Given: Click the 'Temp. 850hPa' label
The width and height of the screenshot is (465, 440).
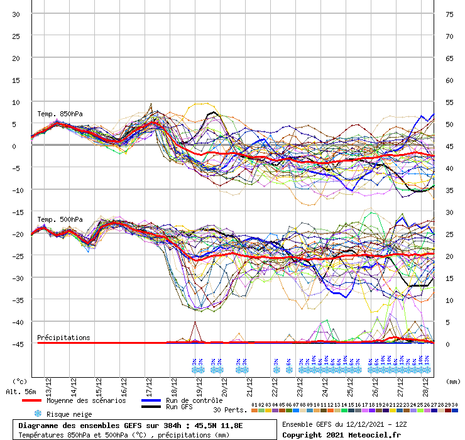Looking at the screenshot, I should (60, 114).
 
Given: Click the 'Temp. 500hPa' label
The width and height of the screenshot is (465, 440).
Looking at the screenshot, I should (60, 219).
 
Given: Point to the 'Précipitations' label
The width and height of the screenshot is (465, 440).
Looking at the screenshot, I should (63, 338).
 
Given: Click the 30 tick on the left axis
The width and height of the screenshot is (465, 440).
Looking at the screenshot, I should (16, 14).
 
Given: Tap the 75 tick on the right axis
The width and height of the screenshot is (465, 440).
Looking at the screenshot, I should (449, 14).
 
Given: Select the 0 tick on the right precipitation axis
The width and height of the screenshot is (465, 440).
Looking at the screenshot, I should (447, 344).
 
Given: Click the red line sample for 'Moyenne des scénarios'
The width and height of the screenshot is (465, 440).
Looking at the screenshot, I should (40, 400).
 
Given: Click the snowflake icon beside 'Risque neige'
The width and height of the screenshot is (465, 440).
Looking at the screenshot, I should (37, 414).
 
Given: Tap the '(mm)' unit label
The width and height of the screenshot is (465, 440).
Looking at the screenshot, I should (454, 381).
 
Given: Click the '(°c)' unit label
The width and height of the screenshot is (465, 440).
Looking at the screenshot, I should (19, 381).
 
